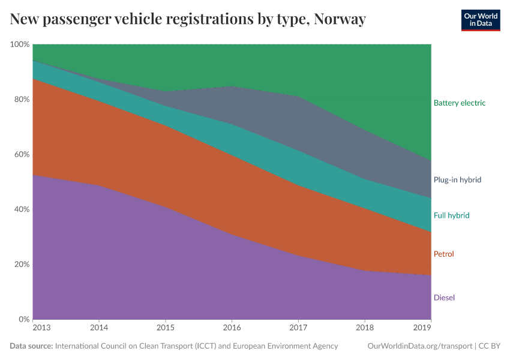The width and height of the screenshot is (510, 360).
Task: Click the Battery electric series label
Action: (459, 103)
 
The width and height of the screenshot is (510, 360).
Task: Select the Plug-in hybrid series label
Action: (457, 179)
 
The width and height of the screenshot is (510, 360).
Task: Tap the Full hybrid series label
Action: (451, 215)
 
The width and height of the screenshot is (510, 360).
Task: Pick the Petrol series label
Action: (443, 254)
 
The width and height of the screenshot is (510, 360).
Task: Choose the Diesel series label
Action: (443, 298)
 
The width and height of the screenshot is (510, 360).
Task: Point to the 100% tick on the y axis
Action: (20, 44)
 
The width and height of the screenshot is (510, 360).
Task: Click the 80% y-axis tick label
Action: (22, 100)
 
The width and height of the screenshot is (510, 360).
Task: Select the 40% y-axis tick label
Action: (22, 209)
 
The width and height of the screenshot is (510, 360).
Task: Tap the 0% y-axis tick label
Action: (24, 319)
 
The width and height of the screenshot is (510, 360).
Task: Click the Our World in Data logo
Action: (481, 20)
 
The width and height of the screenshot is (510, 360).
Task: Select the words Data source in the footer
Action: (31, 346)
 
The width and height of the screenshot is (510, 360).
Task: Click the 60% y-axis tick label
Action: (22, 155)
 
